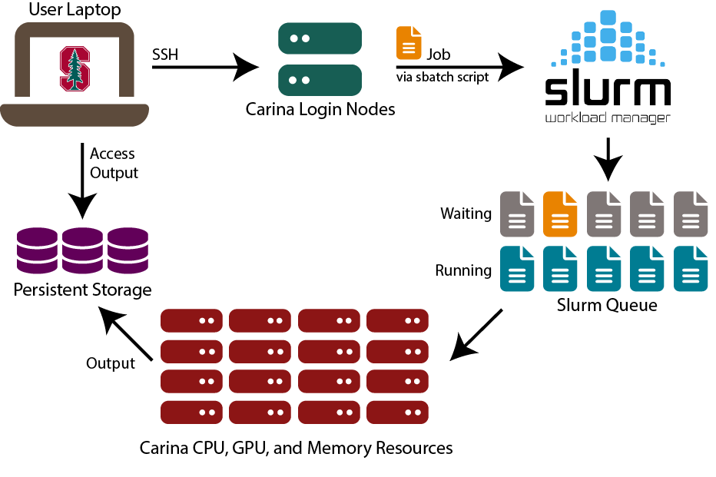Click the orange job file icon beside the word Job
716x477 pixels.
point(409,43)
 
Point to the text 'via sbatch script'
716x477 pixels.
point(443,78)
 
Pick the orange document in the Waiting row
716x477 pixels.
point(560,213)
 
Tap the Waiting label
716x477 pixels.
point(466,214)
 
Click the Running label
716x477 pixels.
point(463,270)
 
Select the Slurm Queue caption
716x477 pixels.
point(607,306)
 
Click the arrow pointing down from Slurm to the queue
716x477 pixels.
point(608,159)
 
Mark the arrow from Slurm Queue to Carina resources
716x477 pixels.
point(476,334)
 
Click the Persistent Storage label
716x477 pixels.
point(82,290)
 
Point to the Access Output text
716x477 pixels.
point(114,163)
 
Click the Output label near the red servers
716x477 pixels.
point(111,363)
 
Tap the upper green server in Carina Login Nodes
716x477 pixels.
point(320,38)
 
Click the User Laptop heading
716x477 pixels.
point(74,11)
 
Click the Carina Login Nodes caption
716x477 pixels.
point(320,109)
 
